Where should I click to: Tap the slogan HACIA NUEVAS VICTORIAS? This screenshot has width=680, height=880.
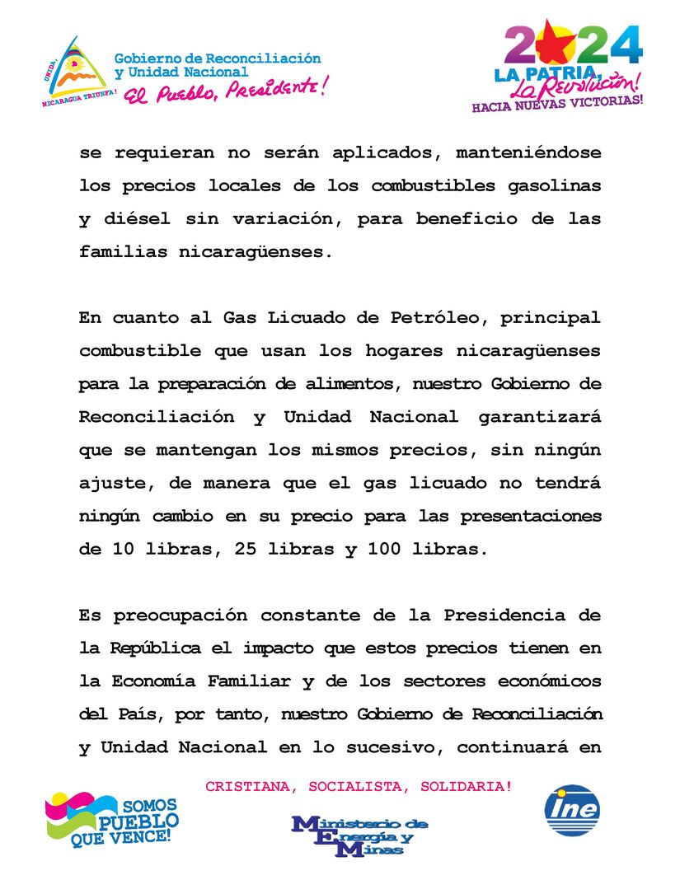point(556,104)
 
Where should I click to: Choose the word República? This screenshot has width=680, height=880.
point(156,648)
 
